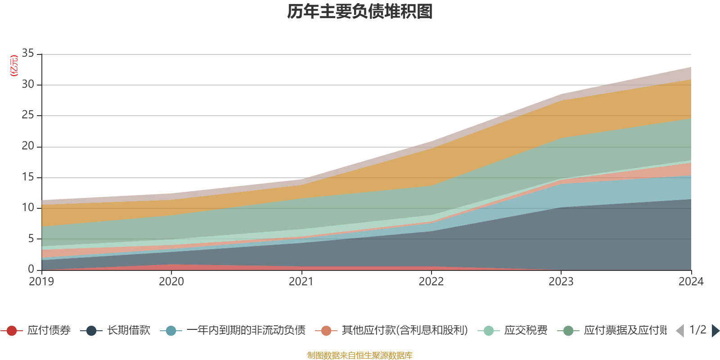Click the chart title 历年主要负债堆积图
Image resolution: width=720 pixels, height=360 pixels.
(360, 12)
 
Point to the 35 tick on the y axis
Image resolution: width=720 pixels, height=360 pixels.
(28, 53)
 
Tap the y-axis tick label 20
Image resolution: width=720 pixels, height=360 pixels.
(28, 146)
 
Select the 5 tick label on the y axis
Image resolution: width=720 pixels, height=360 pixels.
(31, 238)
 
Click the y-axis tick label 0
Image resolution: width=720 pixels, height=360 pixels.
(31, 269)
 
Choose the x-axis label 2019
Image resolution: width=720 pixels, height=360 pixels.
(41, 282)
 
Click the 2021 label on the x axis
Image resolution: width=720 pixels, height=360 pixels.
(301, 282)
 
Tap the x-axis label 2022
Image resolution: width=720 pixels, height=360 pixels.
(431, 282)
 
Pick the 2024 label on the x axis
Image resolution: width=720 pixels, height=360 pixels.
(691, 282)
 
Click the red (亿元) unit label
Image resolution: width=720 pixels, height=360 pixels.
(14, 66)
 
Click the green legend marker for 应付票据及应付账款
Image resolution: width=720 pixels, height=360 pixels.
(569, 331)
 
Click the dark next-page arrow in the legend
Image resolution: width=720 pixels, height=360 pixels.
(715, 331)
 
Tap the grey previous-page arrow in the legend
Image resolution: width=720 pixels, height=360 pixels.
(680, 331)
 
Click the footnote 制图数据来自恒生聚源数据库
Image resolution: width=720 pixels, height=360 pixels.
(360, 355)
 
